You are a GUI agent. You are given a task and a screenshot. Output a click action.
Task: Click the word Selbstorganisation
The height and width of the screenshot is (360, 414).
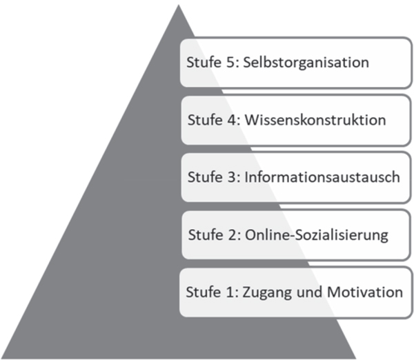point(306,63)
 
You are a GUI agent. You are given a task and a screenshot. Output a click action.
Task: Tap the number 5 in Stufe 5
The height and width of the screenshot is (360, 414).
point(231,63)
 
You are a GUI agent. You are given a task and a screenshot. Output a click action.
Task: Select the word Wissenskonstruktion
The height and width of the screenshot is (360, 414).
point(315,120)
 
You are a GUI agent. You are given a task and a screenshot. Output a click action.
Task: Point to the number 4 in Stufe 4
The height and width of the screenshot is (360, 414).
point(233,120)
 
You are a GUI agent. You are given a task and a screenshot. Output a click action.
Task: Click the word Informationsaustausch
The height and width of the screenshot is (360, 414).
point(322,177)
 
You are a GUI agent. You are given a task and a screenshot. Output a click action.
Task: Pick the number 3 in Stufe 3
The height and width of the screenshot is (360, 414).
point(233,177)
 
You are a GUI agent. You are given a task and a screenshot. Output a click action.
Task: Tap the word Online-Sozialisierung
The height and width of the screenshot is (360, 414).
point(317,235)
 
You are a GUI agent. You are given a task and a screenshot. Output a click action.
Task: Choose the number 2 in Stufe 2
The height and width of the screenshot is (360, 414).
point(233,235)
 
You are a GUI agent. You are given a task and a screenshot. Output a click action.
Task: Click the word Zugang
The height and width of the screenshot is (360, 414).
point(267,293)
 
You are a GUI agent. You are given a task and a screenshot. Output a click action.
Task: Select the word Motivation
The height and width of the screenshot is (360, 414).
point(365,292)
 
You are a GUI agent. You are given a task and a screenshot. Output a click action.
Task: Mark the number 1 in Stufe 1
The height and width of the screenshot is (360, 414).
point(230,292)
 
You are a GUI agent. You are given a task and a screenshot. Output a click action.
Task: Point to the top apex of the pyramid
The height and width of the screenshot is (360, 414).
point(179,5)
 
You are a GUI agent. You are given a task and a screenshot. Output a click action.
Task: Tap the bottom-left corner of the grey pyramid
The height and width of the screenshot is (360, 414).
point(1,358)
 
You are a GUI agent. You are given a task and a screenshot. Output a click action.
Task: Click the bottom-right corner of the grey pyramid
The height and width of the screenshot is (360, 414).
point(356,358)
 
